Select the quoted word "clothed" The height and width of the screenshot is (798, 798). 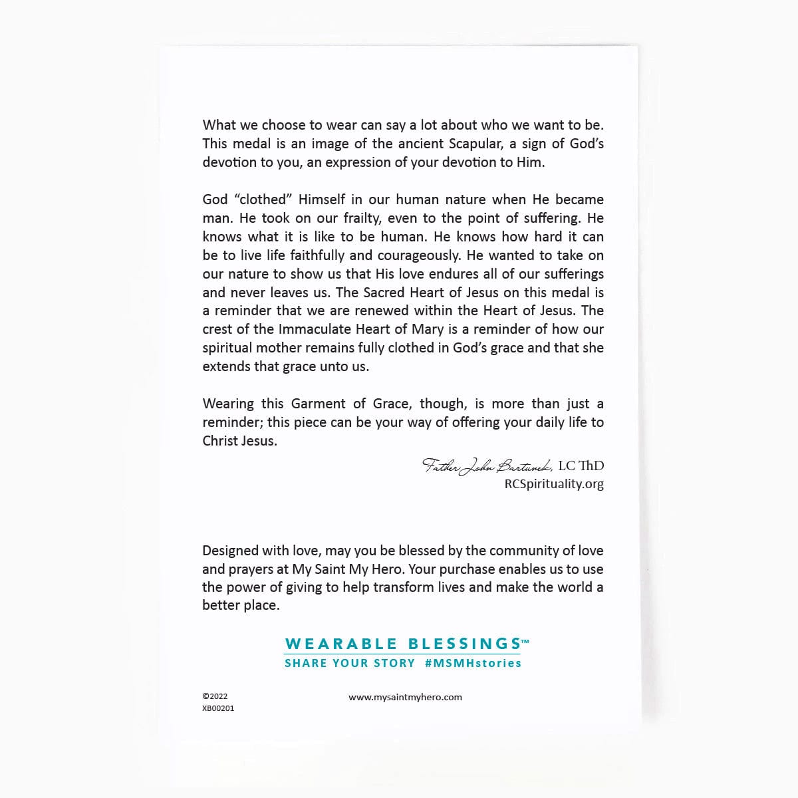coord(263,199)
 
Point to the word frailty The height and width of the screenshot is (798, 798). coord(362,218)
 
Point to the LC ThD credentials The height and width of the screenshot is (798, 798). coord(581,465)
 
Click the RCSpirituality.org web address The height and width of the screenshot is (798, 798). coord(554,484)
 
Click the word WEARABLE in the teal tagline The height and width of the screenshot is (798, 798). coord(341,644)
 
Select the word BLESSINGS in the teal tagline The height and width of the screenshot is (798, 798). coord(464,644)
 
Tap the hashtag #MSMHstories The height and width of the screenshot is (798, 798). coord(473,663)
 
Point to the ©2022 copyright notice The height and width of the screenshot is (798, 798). coord(215,696)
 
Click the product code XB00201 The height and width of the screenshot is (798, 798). coord(218,708)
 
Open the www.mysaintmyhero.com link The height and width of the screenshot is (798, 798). coord(405,697)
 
